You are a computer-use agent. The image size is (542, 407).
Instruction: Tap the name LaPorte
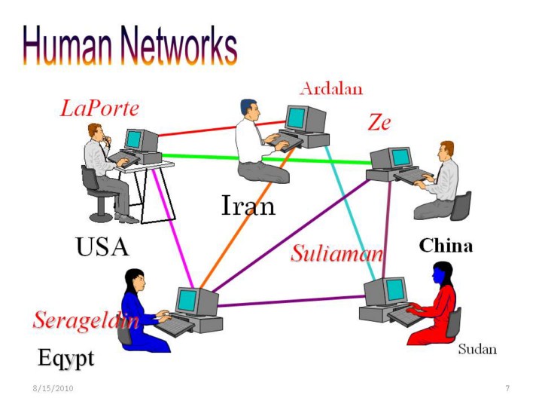99,109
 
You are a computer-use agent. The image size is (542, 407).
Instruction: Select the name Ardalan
331,89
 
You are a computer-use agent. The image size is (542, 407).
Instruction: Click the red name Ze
379,122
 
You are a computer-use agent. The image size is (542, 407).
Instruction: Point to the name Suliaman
337,254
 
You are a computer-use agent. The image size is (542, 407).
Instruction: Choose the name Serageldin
86,320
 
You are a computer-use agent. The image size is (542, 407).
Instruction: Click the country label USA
102,246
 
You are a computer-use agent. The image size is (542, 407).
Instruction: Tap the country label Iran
248,205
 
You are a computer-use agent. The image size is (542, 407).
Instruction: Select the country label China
446,246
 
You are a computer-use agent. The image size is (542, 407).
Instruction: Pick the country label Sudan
477,350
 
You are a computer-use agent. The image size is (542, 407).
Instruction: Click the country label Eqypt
66,357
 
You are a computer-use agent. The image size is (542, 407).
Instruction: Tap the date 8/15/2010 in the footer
53,388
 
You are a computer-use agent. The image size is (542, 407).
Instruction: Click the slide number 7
507,388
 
